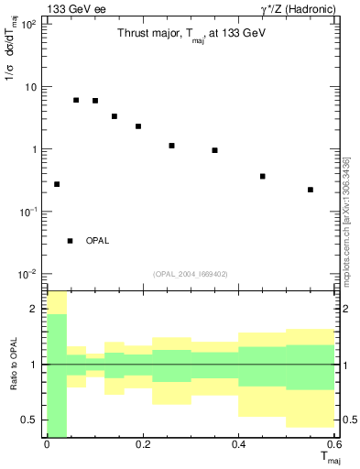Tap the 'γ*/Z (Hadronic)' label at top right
[297, 9]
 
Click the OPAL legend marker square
[70, 240]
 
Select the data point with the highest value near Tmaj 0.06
[76, 100]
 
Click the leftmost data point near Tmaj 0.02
[57, 184]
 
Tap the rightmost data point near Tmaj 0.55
[311, 190]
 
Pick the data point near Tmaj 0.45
[263, 176]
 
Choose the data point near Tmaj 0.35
[214, 150]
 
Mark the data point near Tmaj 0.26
[171, 146]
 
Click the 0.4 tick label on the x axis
[239, 444]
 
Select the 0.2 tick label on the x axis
[143, 444]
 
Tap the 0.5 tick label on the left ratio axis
[29, 420]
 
